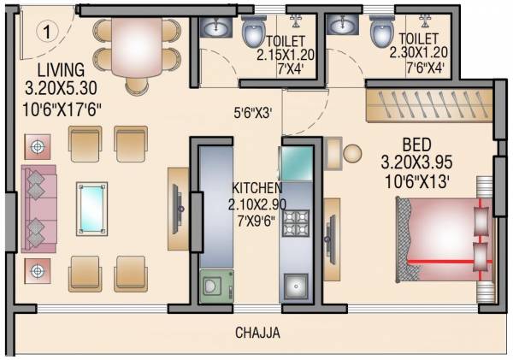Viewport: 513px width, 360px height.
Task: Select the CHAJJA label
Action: pos(258,333)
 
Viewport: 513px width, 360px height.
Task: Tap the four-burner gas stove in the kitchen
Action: pos(296,222)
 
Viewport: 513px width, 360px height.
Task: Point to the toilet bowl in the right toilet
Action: pos(380,32)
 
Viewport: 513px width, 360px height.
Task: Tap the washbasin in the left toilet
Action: pos(212,28)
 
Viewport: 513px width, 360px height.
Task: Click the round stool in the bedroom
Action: pos(353,153)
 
